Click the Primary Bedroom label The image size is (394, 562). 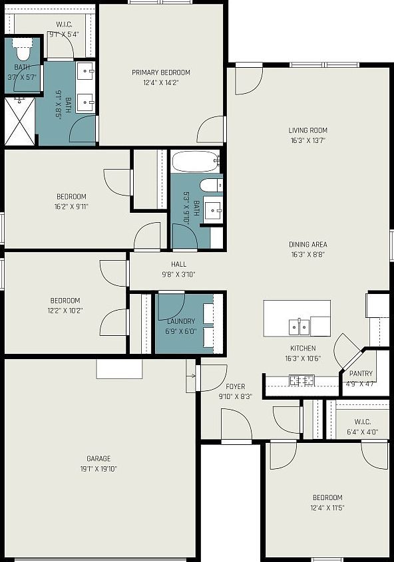[161, 72]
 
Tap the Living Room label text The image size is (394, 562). [307, 130]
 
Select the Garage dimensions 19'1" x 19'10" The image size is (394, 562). [98, 469]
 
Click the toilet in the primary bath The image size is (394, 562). [23, 51]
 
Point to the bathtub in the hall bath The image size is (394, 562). [195, 161]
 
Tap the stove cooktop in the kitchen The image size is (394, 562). [301, 380]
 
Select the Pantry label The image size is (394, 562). [361, 374]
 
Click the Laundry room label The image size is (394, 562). [181, 321]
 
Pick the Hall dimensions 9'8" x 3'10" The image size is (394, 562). [178, 275]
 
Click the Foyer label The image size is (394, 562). [235, 386]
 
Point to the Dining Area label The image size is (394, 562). [307, 244]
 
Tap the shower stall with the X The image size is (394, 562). [20, 121]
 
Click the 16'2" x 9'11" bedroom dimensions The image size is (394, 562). [71, 207]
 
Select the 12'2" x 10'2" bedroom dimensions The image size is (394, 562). [65, 311]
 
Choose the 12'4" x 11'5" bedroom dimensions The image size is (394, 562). [327, 508]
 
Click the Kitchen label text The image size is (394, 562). [302, 348]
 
